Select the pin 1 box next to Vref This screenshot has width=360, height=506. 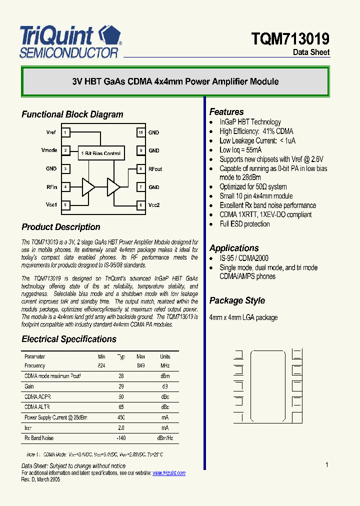[65, 132]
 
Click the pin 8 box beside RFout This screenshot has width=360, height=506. [141, 169]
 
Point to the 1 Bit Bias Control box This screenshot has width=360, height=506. [100, 153]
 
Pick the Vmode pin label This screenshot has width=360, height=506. [49, 150]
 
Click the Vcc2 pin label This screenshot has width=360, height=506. [154, 205]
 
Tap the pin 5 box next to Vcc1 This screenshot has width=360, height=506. [65, 205]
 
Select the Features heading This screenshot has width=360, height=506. [226, 112]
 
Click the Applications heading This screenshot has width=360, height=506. [234, 248]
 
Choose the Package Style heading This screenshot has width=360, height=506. [237, 300]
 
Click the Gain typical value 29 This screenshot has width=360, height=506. [121, 386]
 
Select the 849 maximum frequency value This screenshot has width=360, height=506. [141, 366]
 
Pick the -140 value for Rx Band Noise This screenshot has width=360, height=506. [120, 438]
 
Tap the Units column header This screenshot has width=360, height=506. [165, 356]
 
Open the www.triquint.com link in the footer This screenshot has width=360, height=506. [168, 473]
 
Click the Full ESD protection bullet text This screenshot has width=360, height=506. [244, 224]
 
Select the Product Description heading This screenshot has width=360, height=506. [61, 227]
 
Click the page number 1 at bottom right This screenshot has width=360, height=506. [326, 465]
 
